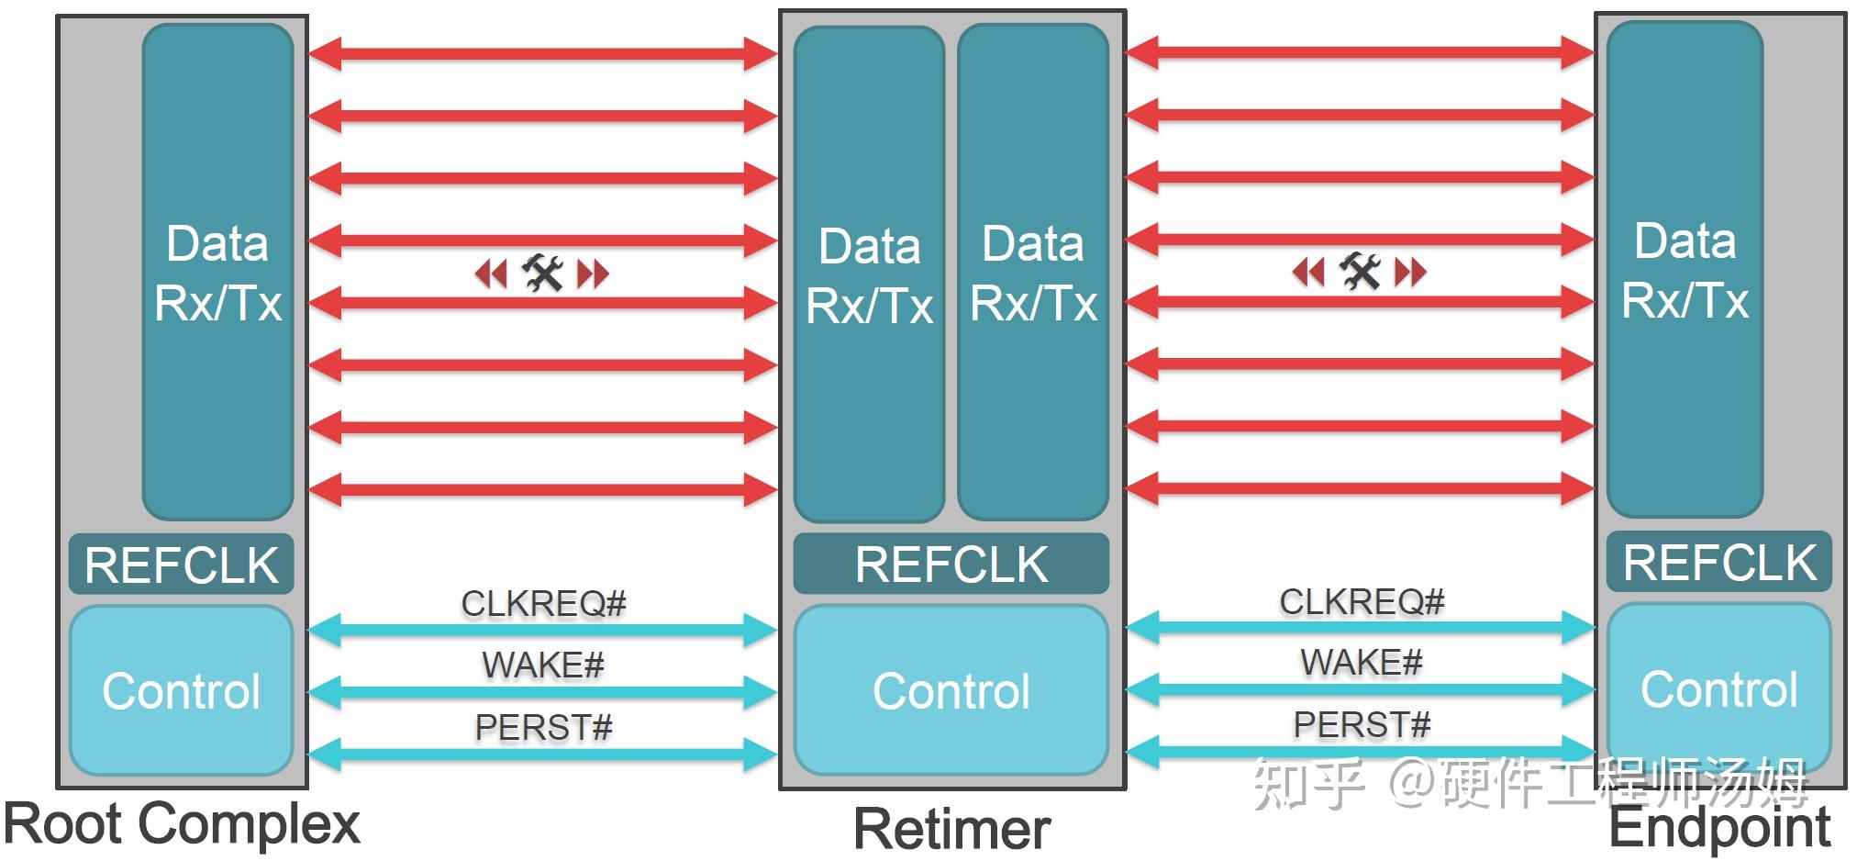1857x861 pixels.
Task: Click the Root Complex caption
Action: coord(182,823)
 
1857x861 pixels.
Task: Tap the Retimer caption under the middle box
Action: coord(951,829)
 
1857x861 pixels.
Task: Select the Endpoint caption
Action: coord(1720,827)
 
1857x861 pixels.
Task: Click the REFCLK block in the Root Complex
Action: coord(182,564)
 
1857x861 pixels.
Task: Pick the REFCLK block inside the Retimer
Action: coord(951,564)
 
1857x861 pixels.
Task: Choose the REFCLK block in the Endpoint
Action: coord(1719,562)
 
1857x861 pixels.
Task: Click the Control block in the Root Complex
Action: coord(182,690)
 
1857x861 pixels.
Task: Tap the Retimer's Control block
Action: coord(951,690)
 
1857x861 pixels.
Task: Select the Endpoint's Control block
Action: coord(1719,688)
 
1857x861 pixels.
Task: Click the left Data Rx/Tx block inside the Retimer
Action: coord(869,274)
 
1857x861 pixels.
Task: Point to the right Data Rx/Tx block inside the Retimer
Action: coord(1033,273)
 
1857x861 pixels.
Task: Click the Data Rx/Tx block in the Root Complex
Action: coord(218,273)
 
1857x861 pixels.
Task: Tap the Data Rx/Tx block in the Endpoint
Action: coord(1685,270)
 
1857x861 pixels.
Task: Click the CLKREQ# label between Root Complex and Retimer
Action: coord(543,603)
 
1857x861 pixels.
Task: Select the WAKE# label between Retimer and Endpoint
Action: coord(1362,662)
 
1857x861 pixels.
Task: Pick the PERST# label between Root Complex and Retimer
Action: coord(543,727)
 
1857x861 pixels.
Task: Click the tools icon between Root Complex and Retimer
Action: coord(542,273)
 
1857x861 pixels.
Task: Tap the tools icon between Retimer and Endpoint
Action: coord(1360,271)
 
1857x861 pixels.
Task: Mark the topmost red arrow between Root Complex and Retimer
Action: coord(543,53)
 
